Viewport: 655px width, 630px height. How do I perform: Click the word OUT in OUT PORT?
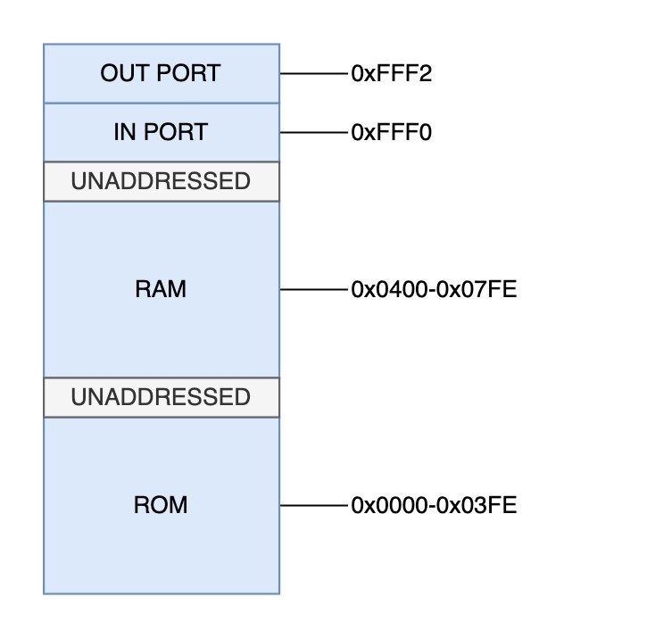(x=125, y=73)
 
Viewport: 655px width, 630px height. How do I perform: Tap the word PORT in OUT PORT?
(x=188, y=73)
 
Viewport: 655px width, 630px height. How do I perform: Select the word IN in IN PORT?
(x=124, y=132)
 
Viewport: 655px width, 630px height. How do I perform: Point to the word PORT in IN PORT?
(x=176, y=132)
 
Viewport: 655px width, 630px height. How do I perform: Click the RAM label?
(x=161, y=289)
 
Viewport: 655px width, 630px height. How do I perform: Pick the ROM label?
(x=161, y=505)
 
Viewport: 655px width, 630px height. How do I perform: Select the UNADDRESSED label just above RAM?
(x=161, y=181)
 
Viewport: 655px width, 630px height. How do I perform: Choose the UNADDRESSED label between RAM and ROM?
(x=161, y=397)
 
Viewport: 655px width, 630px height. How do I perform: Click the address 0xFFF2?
(x=392, y=73)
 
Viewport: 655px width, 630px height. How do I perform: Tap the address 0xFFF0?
(x=392, y=132)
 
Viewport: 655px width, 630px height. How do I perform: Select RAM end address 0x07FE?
(x=477, y=289)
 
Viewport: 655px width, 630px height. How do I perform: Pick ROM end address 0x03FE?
(x=477, y=505)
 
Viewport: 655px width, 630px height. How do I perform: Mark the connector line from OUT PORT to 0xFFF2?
(x=314, y=73)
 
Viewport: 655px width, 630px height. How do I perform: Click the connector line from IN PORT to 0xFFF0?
(x=314, y=132)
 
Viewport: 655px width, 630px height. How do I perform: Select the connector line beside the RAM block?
(x=314, y=289)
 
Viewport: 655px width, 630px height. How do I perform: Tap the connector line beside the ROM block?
(x=314, y=505)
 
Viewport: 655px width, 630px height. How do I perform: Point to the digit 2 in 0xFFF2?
(x=425, y=73)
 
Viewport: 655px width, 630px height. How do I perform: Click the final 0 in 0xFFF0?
(x=425, y=132)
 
